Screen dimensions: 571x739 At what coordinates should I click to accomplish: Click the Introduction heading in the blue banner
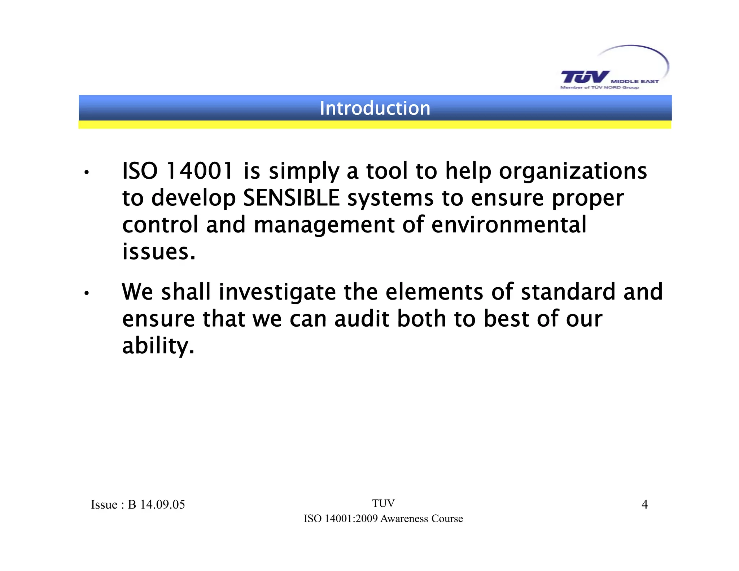pos(375,108)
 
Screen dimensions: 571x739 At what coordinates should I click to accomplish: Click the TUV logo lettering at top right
pos(585,77)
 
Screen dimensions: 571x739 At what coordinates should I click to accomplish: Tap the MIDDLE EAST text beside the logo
pos(635,82)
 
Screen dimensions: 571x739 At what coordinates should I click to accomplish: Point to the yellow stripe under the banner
pos(375,125)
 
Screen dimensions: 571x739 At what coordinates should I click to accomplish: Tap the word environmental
pos(509,225)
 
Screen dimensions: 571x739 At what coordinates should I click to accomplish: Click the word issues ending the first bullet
pos(159,252)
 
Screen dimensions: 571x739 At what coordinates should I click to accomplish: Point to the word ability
pos(158,346)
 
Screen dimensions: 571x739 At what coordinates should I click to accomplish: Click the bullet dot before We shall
pos(86,293)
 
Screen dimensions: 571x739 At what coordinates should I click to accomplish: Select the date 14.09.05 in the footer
pos(162,504)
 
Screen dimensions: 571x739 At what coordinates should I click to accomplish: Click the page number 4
pos(644,504)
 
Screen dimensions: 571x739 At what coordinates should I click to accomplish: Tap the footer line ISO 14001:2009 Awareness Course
pos(383,519)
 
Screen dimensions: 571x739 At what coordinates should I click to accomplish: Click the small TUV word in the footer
pos(383,503)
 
